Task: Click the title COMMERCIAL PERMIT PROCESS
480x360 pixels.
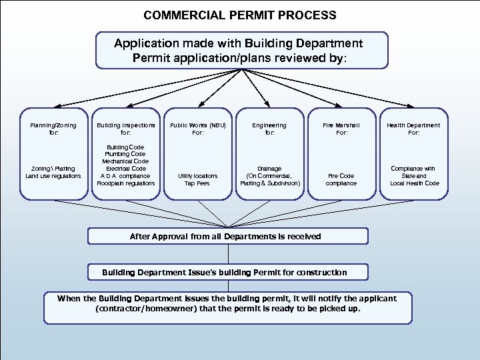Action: pos(240,15)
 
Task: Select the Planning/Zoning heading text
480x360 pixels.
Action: pos(53,125)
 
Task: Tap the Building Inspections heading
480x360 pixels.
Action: pos(126,125)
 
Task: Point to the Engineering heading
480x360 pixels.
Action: pos(270,125)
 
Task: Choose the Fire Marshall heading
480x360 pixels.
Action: pos(341,125)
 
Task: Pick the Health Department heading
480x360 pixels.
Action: pos(415,125)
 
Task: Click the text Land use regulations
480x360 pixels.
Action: pos(53,176)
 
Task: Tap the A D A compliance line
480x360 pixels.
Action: pos(126,176)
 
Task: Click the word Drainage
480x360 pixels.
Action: pos(270,169)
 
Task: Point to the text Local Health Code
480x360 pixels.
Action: pos(415,183)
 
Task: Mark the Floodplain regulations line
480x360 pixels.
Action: pos(126,183)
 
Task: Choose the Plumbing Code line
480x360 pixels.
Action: pos(126,154)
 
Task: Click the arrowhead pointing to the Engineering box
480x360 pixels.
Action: pos(267,104)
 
